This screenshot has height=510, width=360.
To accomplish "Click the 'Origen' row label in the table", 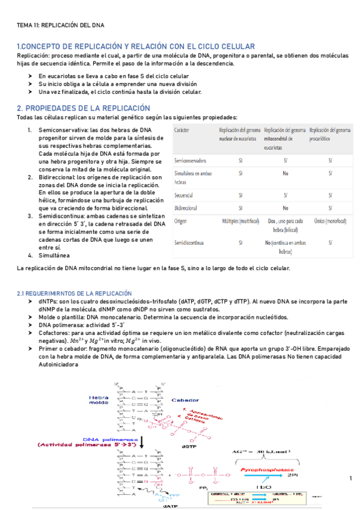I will coord(181,221).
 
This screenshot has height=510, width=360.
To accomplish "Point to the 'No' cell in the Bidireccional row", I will coord(285,206).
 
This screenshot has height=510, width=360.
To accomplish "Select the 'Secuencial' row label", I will coord(184,195).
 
